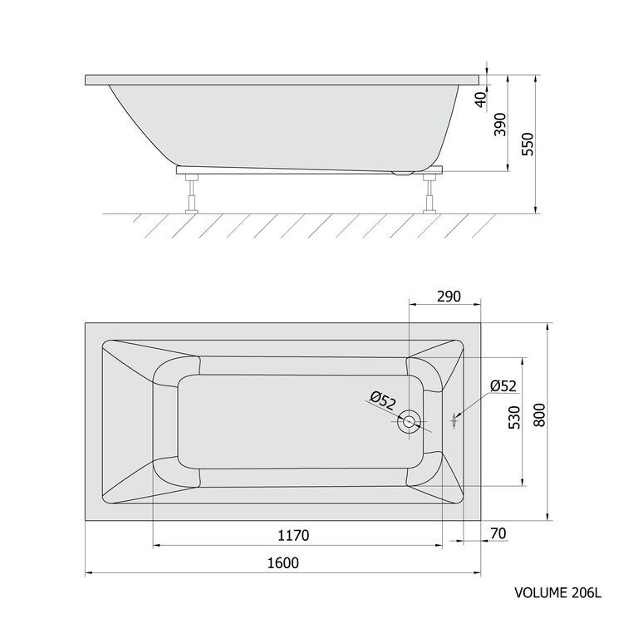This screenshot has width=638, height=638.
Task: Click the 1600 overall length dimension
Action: [283, 562]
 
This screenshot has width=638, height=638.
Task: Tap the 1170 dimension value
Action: [293, 535]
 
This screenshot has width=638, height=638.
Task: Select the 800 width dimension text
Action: [538, 415]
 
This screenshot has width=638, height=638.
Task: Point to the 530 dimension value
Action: [514, 418]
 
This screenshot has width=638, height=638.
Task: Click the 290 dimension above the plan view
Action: [449, 297]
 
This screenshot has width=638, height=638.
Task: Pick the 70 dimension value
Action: [498, 533]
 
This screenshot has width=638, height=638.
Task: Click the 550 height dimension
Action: [528, 144]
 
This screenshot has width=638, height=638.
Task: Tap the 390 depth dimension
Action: [500, 125]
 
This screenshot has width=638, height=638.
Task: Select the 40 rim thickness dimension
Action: [481, 100]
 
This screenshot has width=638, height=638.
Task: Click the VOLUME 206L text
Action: [558, 593]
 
